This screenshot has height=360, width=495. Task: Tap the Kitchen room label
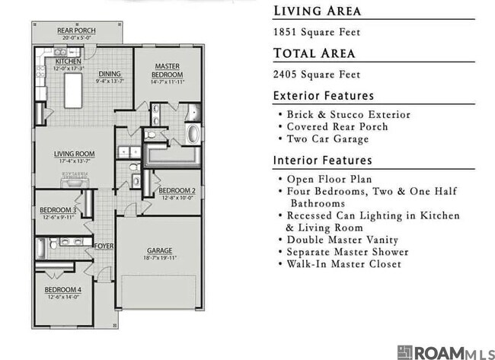click(68, 61)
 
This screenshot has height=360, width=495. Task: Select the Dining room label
click(110, 75)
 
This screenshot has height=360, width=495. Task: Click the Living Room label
click(74, 153)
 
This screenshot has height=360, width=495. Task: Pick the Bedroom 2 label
click(177, 190)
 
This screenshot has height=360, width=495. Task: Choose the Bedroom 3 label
click(58, 210)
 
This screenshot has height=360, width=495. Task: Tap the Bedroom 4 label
click(62, 290)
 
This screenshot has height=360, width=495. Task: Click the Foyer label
click(104, 246)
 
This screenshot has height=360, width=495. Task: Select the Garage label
click(159, 250)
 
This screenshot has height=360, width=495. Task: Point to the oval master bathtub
click(193, 135)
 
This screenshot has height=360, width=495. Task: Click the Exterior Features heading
click(324, 96)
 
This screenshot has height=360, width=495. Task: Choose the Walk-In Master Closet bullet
click(343, 264)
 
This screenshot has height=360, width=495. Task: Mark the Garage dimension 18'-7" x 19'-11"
click(159, 258)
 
